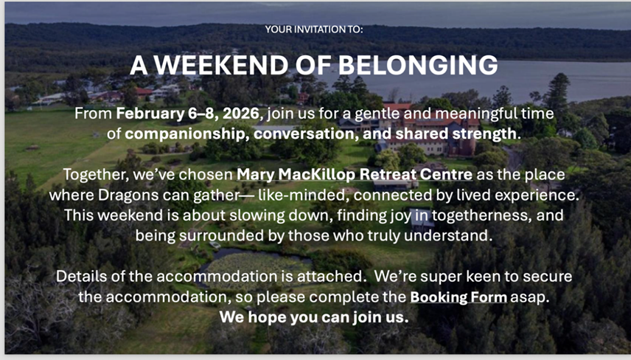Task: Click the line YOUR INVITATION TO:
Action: point(314,30)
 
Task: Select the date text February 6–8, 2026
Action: point(188,114)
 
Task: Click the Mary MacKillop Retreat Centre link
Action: point(355,174)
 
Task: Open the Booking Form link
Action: point(459,297)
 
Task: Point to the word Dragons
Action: point(129,195)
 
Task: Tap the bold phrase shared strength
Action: point(456,134)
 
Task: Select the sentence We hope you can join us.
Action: point(314,317)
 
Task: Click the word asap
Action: point(529,297)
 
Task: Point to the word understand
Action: point(448,235)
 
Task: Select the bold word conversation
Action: point(306,134)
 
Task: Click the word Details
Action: point(80,276)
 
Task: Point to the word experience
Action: point(537,195)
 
